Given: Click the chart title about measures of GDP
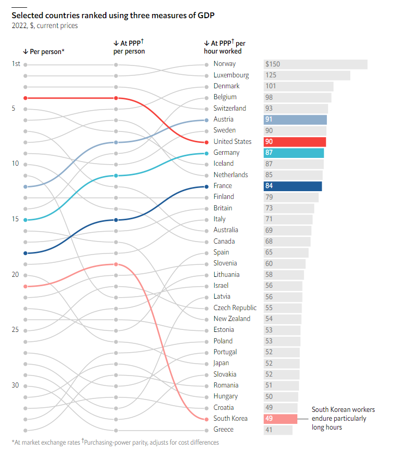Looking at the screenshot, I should (x=113, y=15).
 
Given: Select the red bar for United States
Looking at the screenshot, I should (x=295, y=142).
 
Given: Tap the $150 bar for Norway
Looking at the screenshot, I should (x=316, y=64).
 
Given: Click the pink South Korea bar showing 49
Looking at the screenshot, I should (x=280, y=419).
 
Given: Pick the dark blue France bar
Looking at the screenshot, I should (x=293, y=186).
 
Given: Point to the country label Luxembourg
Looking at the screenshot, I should (x=231, y=75).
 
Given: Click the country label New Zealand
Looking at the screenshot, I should (x=231, y=319).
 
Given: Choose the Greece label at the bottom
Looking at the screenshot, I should (x=223, y=430).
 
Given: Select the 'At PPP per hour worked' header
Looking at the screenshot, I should (x=225, y=47).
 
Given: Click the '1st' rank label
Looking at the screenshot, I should (x=16, y=64).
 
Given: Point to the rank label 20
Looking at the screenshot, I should (x=16, y=275).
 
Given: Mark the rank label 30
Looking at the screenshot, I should (x=16, y=385).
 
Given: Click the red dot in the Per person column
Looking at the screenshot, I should (x=25, y=98).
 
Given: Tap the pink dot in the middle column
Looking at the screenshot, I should (x=116, y=264).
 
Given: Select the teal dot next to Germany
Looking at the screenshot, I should (x=207, y=153).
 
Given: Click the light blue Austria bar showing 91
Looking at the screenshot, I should (x=295, y=119).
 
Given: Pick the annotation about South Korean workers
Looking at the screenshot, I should (x=343, y=419).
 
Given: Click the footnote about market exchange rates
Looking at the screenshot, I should (x=46, y=443).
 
